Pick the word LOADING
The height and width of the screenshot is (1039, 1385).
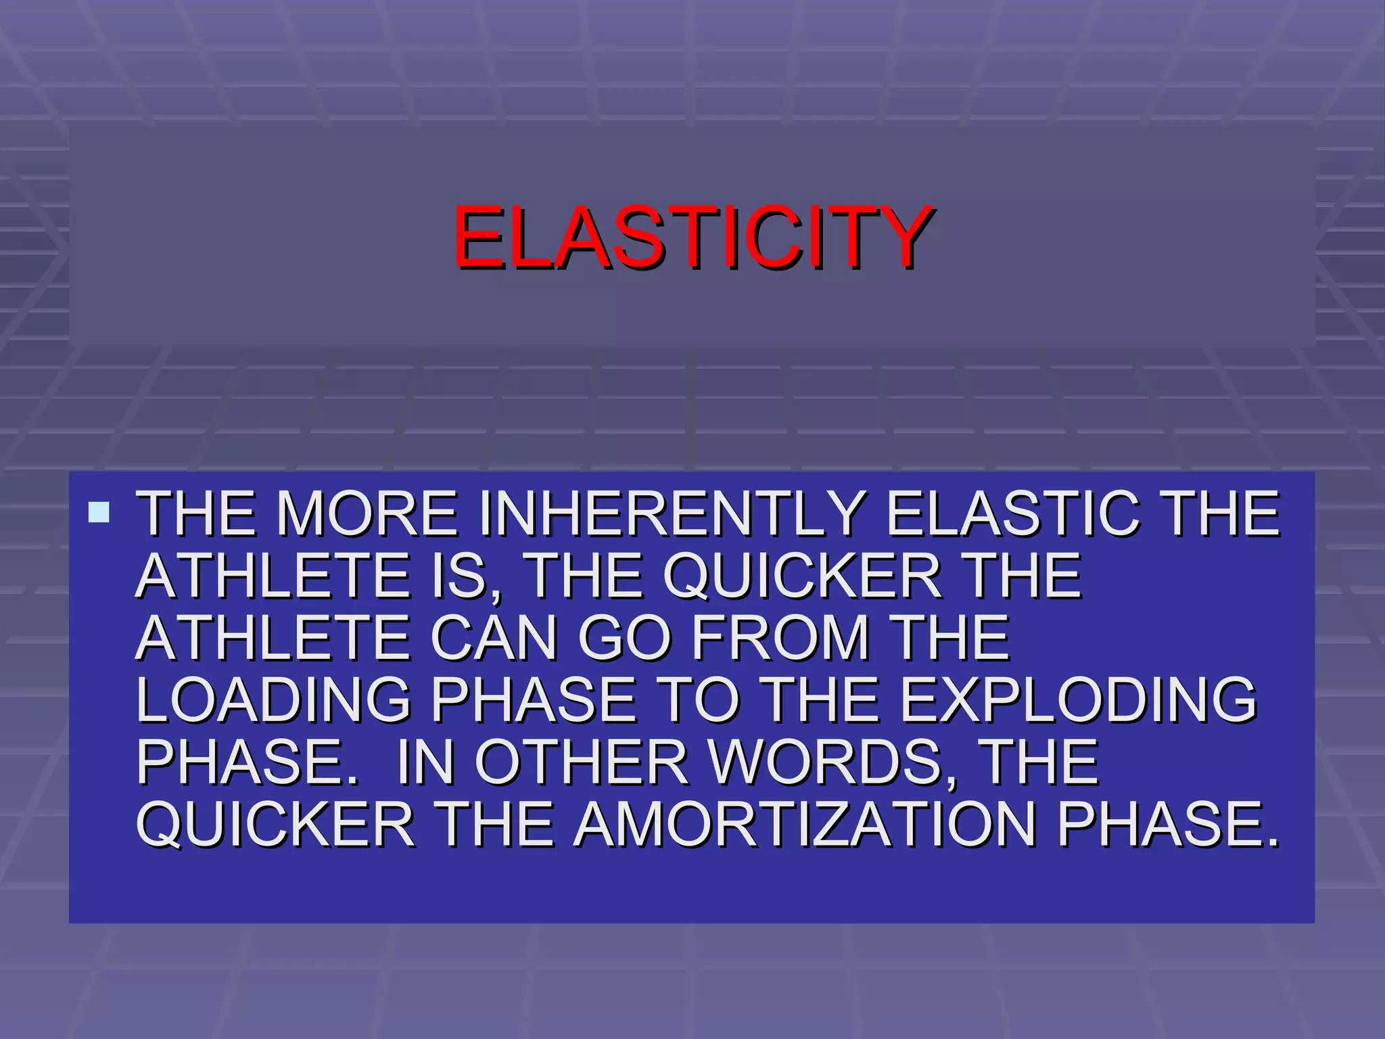point(273,700)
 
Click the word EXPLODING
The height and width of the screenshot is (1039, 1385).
point(1078,700)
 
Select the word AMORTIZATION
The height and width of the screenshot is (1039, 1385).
point(805,825)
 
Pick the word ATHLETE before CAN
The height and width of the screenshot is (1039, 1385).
point(273,638)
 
